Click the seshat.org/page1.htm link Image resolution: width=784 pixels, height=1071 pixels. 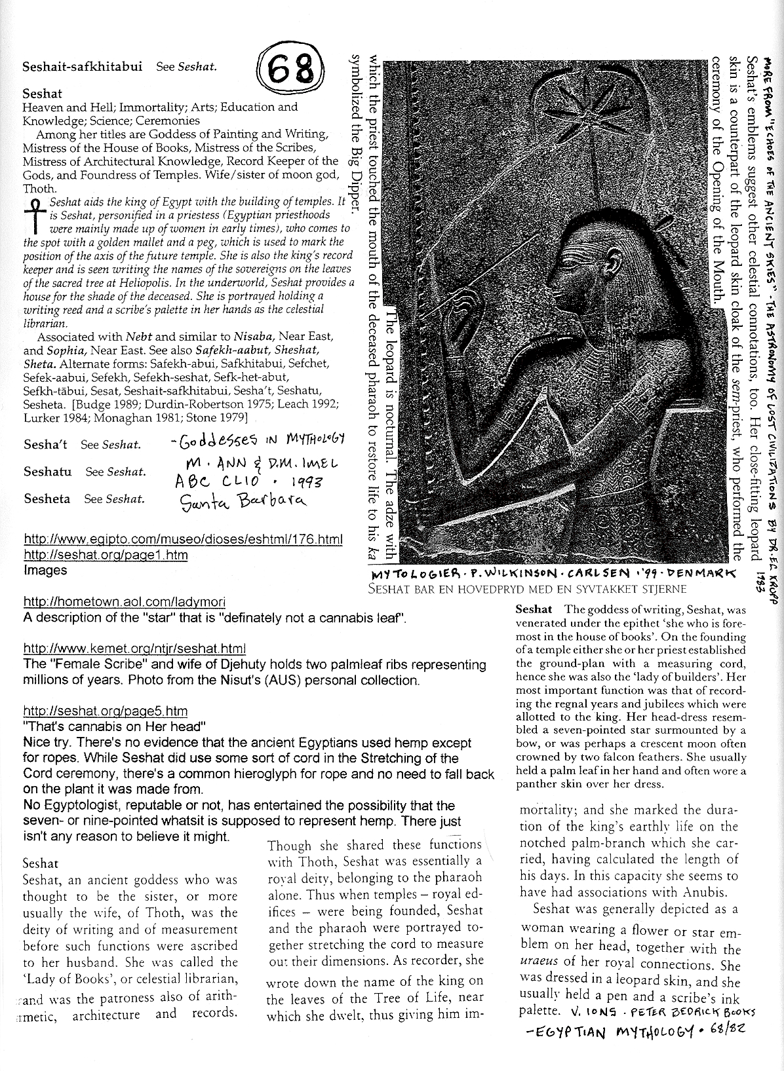click(106, 555)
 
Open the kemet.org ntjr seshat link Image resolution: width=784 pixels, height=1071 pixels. click(134, 648)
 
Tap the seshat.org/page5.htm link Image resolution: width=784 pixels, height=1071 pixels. click(106, 711)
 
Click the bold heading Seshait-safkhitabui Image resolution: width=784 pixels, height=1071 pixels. click(83, 67)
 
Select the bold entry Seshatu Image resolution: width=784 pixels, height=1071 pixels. click(48, 472)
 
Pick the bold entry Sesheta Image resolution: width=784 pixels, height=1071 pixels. click(47, 498)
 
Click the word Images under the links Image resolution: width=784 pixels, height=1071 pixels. click(45, 570)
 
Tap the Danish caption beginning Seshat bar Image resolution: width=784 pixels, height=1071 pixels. click(536, 588)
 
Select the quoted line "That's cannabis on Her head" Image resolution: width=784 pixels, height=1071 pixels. click(115, 726)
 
